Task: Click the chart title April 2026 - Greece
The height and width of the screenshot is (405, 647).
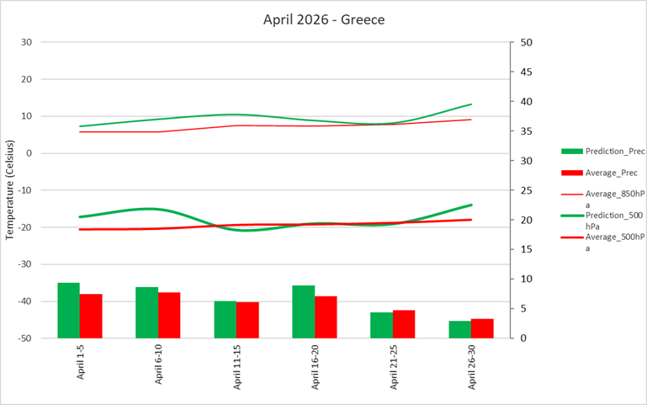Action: (324, 19)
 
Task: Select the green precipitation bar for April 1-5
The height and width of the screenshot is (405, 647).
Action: (68, 310)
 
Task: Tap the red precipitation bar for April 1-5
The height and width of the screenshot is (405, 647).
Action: (91, 316)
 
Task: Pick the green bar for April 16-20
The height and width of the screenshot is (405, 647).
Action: (304, 312)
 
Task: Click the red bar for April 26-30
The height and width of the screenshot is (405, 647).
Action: (482, 328)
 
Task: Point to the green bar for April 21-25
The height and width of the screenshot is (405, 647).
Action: (382, 325)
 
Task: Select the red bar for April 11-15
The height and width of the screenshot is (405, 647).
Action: (247, 320)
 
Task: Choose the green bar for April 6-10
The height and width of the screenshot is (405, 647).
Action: (147, 312)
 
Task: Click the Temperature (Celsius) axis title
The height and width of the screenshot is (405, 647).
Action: (9, 190)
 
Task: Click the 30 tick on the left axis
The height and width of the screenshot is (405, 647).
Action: (26, 42)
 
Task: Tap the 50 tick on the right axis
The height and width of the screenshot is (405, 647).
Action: (527, 42)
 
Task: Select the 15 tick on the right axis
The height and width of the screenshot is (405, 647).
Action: (527, 249)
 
